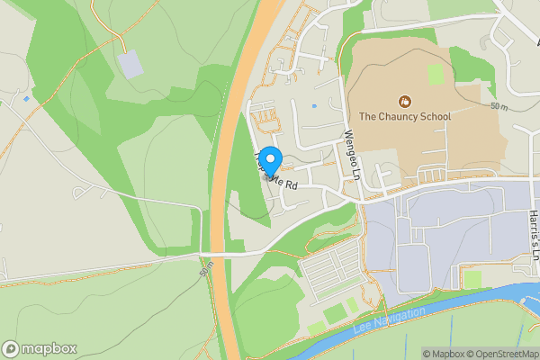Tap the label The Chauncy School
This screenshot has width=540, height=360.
404,116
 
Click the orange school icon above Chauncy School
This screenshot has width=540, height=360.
404,100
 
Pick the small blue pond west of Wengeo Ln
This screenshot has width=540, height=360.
313,106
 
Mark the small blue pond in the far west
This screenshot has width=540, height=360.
26,98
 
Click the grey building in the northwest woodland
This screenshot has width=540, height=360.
131,63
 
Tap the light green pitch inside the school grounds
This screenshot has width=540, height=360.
436,74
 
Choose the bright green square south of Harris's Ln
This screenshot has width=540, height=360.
472,279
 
